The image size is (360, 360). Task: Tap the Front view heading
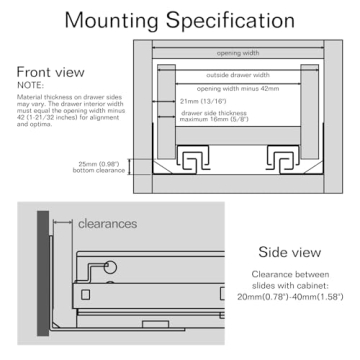tap(57, 74)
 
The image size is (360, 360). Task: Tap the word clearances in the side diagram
tap(107, 224)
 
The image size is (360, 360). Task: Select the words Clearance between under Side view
tap(284, 274)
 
